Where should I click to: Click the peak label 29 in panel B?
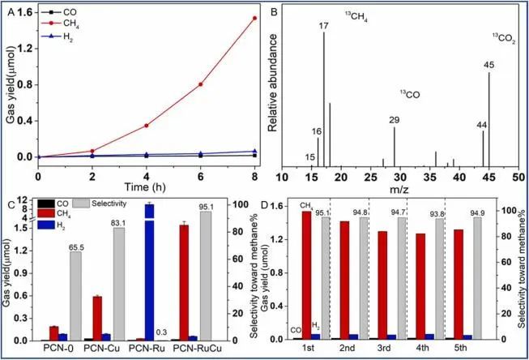click(x=395, y=120)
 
